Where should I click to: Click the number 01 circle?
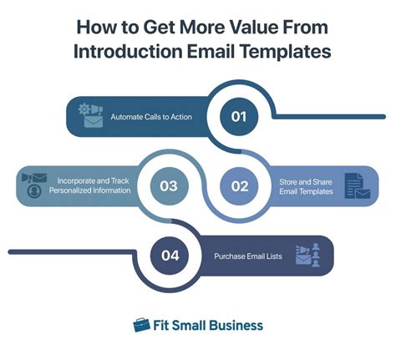(238, 117)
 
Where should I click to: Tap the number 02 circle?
(239, 185)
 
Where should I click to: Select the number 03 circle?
(170, 185)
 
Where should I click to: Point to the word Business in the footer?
(233, 326)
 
